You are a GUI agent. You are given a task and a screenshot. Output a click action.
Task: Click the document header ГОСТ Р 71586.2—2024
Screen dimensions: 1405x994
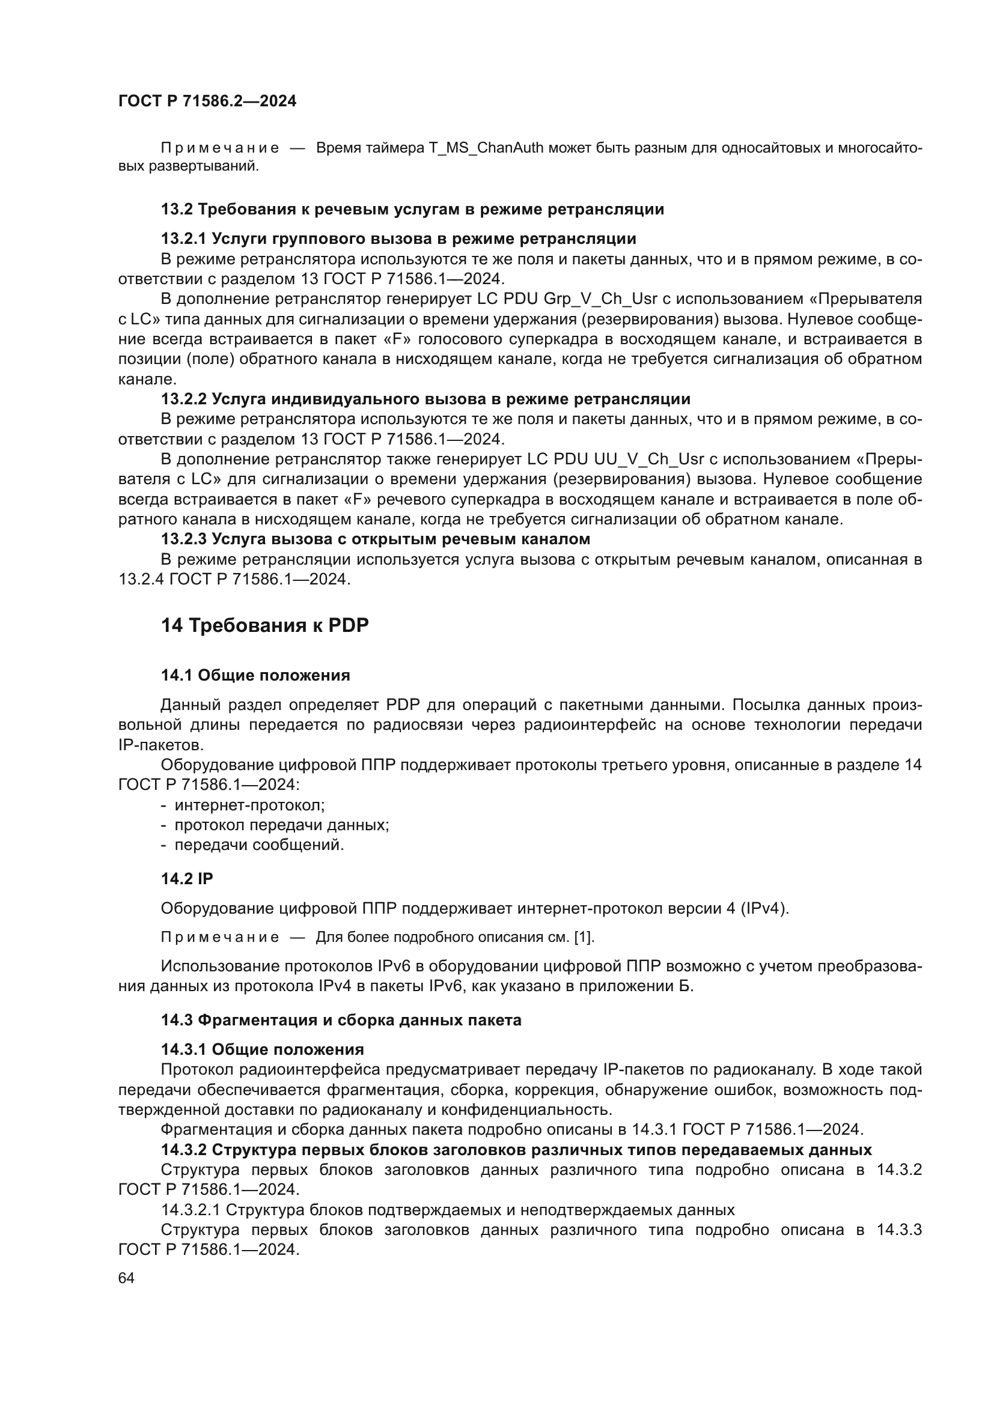[x=207, y=101]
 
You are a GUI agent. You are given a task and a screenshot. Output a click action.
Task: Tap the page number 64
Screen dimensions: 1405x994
[x=126, y=1278]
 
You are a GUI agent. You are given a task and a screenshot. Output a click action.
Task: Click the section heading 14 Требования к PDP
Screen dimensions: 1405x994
[x=264, y=625]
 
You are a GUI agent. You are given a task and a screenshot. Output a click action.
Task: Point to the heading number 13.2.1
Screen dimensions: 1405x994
[x=184, y=238]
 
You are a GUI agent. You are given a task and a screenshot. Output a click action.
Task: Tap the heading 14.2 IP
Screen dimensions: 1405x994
[x=187, y=879]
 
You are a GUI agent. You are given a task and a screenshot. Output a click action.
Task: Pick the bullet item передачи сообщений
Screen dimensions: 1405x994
[x=259, y=845]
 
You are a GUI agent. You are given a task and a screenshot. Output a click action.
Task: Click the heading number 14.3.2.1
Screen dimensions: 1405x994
[x=191, y=1210]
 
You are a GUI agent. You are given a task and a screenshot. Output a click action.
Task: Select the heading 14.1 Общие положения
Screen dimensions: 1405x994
[x=255, y=676]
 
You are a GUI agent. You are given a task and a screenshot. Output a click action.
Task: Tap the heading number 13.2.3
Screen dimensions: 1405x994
[x=184, y=539]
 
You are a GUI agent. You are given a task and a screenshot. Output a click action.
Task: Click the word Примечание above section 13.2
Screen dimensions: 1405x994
[x=220, y=148]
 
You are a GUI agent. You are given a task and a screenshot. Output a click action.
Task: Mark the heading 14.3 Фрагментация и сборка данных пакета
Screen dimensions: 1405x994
[x=341, y=1020]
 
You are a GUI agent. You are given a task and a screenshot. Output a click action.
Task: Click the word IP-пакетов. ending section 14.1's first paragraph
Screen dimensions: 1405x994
[x=160, y=745]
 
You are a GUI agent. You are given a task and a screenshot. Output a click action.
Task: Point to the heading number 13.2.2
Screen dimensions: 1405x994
[x=184, y=399]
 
